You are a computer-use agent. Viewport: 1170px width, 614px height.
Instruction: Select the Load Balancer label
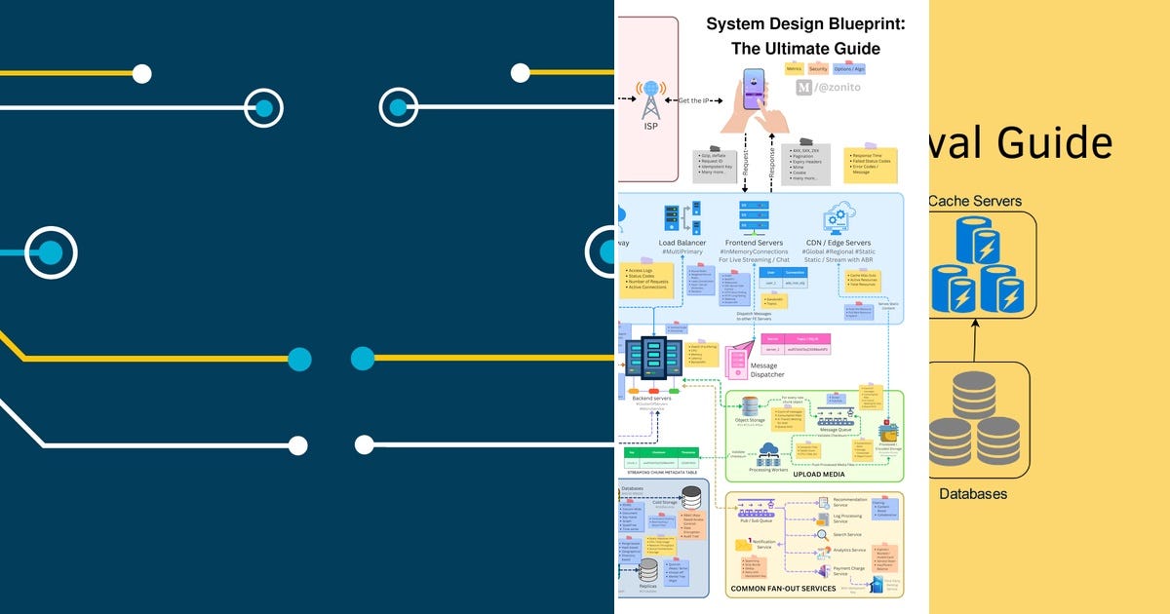click(x=682, y=243)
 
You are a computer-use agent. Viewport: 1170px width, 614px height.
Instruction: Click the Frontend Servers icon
click(x=753, y=216)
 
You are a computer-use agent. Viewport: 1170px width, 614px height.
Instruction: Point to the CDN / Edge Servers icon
click(x=839, y=217)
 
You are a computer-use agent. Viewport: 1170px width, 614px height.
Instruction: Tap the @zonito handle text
click(x=837, y=88)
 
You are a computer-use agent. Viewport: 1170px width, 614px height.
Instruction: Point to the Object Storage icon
click(x=750, y=406)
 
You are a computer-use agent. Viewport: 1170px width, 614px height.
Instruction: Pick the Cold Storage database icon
click(x=690, y=497)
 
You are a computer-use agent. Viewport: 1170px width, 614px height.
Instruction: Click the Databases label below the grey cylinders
click(x=973, y=494)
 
